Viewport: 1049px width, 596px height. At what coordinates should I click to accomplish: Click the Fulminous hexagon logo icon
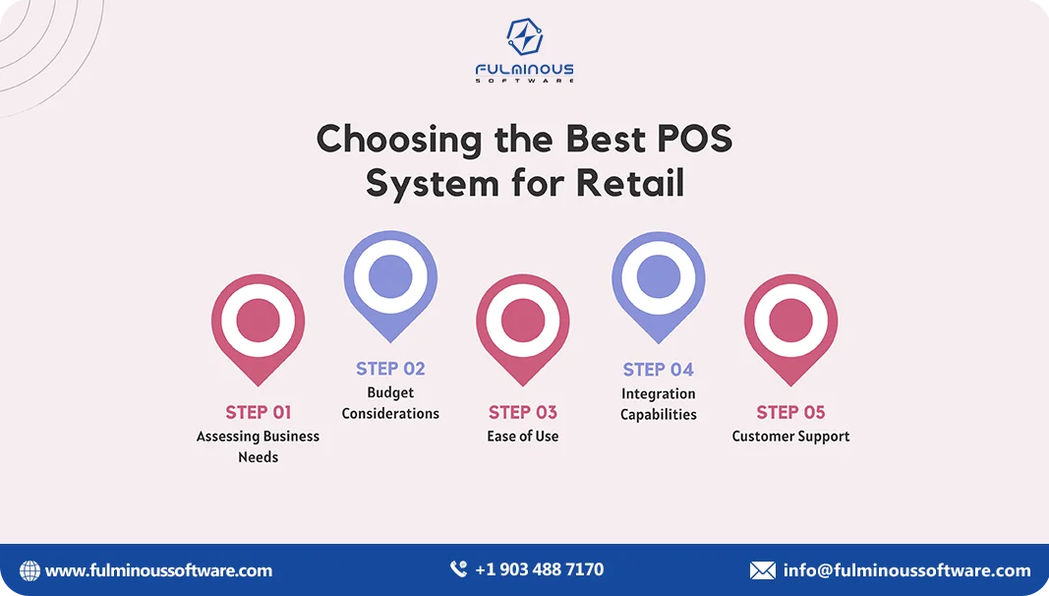tap(525, 37)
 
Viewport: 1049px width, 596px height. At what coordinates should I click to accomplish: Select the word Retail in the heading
tap(630, 183)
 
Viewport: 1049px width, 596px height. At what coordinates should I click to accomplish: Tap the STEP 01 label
tap(259, 412)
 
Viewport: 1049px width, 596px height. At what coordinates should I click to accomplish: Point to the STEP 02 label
tap(390, 369)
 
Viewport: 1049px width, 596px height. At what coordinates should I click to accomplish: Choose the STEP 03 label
tap(523, 412)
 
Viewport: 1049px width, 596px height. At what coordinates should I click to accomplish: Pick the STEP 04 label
tap(659, 370)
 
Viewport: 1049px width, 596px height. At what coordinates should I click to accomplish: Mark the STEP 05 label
tap(791, 412)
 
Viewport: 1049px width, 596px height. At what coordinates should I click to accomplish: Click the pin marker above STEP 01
tap(259, 322)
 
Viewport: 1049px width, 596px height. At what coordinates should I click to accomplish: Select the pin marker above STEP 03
tap(523, 322)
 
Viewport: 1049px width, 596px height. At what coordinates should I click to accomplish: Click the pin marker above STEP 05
tap(791, 322)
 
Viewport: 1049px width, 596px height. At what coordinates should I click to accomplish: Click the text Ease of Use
tap(523, 436)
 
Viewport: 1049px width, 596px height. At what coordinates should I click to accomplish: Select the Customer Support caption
tap(791, 436)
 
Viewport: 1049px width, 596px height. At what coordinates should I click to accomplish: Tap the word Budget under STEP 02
tap(390, 392)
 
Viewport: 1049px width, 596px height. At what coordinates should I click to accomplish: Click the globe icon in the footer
tap(30, 570)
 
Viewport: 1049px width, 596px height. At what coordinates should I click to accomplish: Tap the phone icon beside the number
tap(458, 569)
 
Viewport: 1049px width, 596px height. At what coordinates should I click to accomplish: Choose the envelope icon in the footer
tap(762, 570)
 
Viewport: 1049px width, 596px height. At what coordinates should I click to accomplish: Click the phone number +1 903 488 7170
tap(539, 569)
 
